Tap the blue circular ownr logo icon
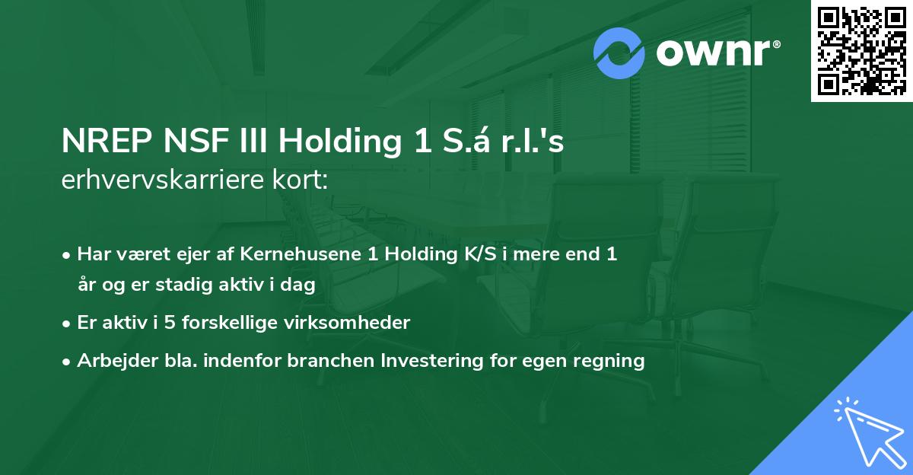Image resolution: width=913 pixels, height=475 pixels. [x=619, y=53]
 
